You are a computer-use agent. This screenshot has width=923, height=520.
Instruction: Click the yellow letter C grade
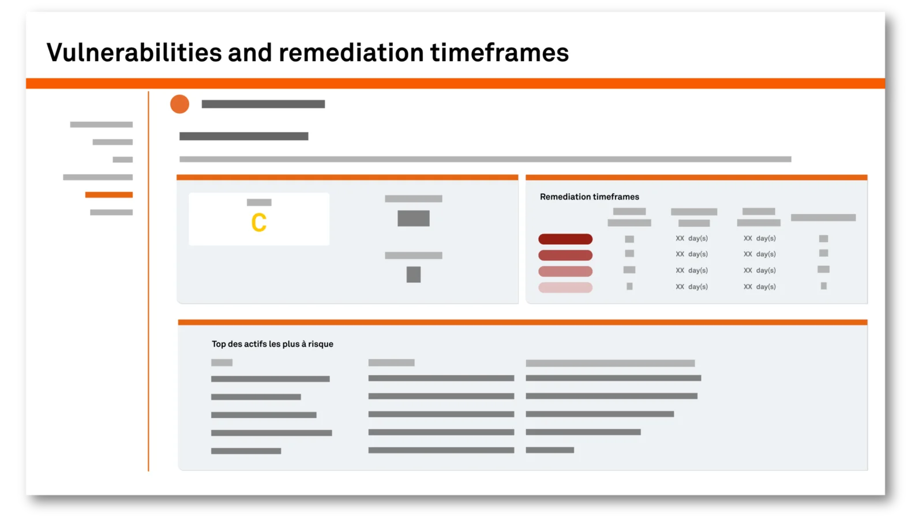point(259,223)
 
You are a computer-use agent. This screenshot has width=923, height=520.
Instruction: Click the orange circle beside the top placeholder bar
point(179,104)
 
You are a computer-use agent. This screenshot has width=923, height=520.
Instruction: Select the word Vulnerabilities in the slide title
point(134,53)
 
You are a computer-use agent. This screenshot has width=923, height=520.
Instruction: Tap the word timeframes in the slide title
point(500,53)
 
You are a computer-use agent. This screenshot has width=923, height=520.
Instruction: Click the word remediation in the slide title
point(351,53)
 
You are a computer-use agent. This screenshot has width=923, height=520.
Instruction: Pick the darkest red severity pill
point(565,239)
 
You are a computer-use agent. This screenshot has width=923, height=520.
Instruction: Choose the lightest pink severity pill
point(565,287)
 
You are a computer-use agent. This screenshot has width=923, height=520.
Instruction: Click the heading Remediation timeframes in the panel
point(589,197)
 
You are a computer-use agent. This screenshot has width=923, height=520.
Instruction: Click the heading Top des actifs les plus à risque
point(272,344)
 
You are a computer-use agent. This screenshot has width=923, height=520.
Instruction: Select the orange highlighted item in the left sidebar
point(109,194)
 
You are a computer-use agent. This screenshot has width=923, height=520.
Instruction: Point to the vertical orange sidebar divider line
point(148,281)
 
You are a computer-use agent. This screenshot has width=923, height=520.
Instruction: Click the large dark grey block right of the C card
point(413,218)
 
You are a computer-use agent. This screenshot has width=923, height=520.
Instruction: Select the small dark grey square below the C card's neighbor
point(413,274)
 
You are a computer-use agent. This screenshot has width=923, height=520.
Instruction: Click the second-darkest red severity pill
point(565,255)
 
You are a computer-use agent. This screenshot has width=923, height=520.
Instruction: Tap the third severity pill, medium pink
point(565,271)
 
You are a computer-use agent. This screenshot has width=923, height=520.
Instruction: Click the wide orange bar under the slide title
point(455,83)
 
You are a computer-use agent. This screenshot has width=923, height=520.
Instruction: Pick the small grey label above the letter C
point(259,202)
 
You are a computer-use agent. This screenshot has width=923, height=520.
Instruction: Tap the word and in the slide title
point(250,53)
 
